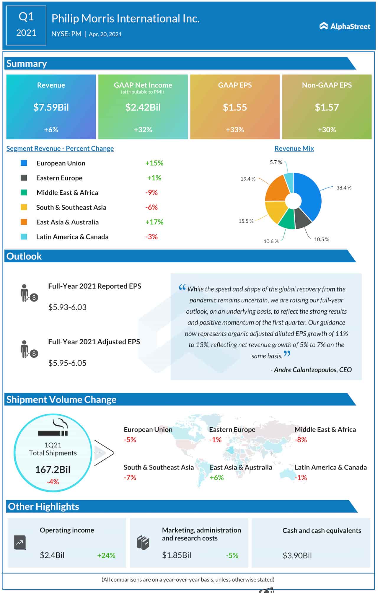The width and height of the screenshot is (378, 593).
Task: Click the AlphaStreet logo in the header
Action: click(x=345, y=26)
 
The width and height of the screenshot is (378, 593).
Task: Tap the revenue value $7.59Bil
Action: click(x=51, y=107)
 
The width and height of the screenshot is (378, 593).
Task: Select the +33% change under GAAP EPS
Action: click(x=235, y=130)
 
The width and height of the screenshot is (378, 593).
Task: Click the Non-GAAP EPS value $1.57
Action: click(x=327, y=107)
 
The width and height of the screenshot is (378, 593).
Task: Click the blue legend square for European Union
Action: click(x=24, y=163)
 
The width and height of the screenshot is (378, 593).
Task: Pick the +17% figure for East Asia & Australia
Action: click(x=154, y=222)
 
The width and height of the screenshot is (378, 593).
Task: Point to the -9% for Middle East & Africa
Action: click(x=151, y=193)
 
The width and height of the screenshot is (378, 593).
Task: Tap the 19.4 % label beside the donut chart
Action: click(x=248, y=179)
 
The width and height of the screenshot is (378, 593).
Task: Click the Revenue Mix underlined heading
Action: click(x=294, y=149)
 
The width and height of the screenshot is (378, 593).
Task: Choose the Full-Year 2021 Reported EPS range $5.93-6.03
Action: click(x=67, y=307)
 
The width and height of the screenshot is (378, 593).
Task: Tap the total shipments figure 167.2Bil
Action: click(x=53, y=470)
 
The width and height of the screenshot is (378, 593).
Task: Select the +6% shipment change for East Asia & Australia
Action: click(x=217, y=478)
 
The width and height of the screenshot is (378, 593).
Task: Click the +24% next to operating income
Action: click(x=106, y=555)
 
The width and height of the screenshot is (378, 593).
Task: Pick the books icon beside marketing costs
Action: click(x=143, y=543)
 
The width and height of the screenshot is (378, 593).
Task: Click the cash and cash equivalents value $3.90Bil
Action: click(x=297, y=555)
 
